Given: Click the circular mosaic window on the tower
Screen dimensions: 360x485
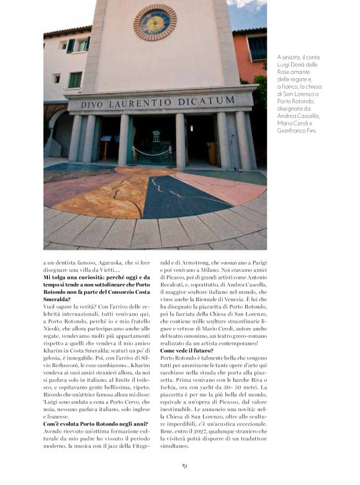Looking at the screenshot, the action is [x=155, y=22].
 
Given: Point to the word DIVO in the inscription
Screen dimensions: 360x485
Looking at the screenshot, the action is [x=92, y=105].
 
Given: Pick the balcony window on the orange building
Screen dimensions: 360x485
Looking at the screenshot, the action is [x=256, y=48].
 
